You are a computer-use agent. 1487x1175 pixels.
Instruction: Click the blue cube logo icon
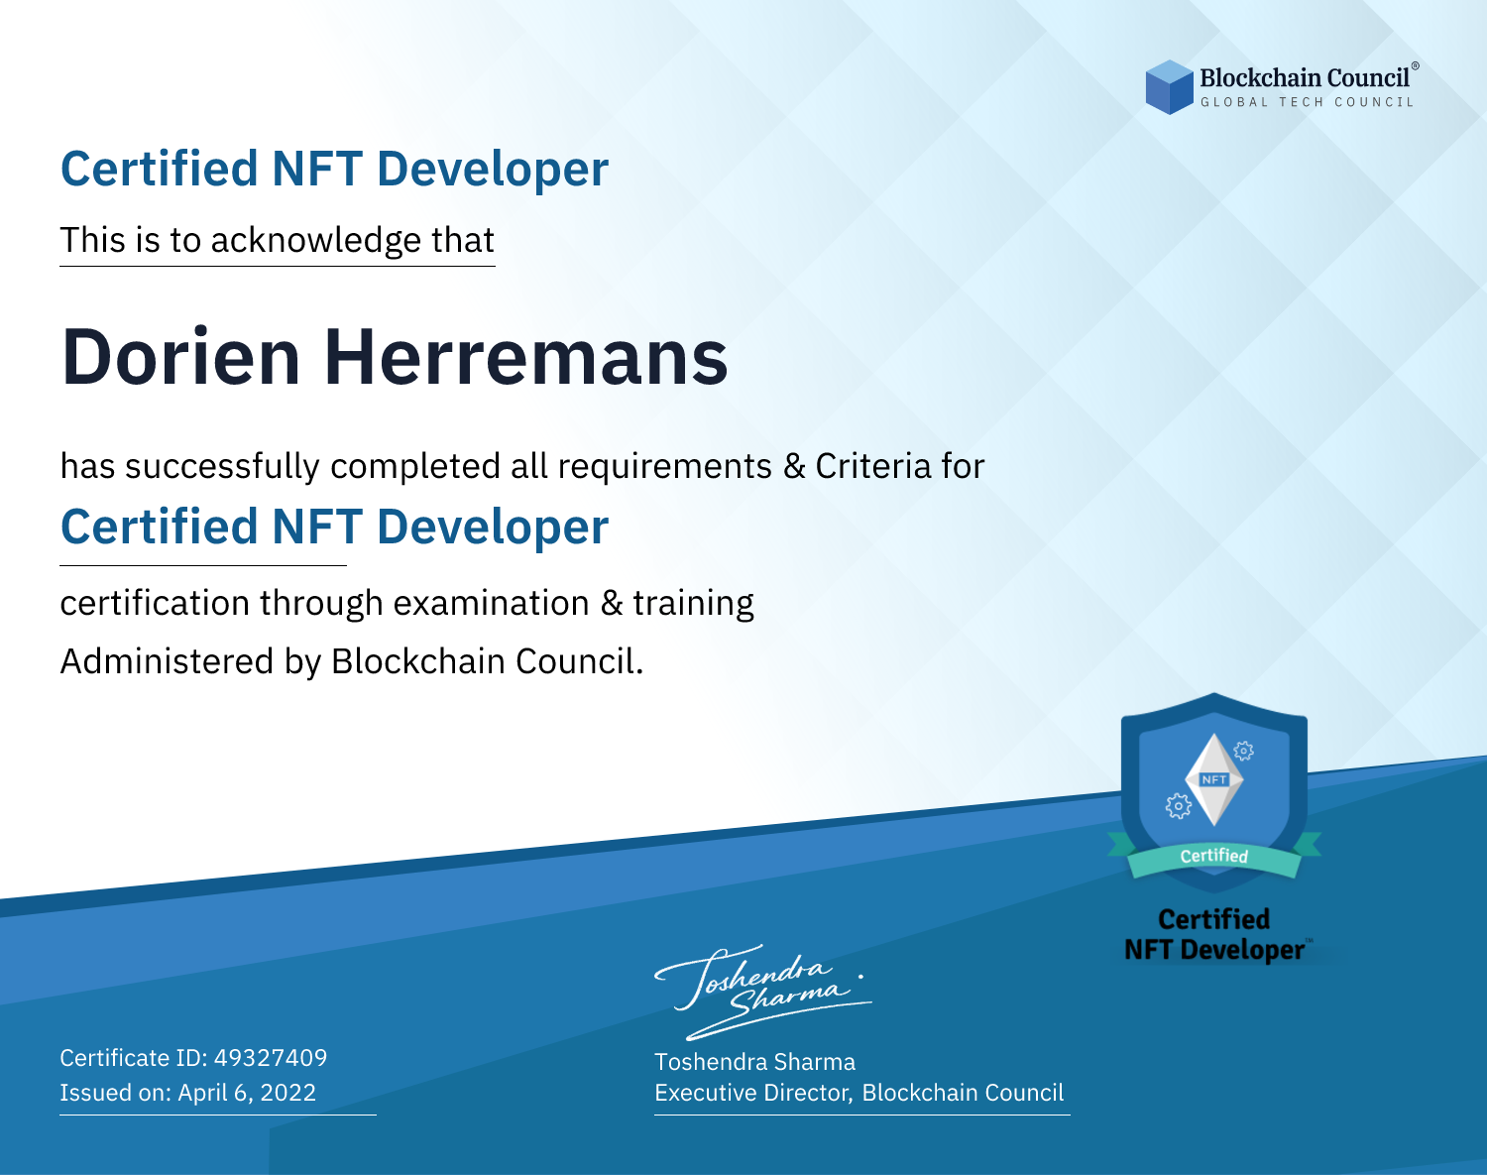[x=1169, y=87]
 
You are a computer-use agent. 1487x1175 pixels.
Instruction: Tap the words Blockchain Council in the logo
[x=1305, y=78]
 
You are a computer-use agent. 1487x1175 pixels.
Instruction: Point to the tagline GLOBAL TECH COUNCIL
[x=1308, y=102]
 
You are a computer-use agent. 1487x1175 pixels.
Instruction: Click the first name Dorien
[x=181, y=357]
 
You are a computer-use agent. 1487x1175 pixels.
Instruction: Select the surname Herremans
[x=526, y=357]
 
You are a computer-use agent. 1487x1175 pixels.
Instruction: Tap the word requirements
[x=665, y=467]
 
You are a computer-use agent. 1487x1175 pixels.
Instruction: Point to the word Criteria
[x=872, y=466]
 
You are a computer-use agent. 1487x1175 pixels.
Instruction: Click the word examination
[x=492, y=603]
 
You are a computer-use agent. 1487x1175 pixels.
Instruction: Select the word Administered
[x=168, y=661]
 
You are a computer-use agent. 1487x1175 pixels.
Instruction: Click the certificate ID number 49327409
[x=271, y=1058]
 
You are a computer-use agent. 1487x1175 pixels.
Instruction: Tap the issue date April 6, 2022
[x=247, y=1093]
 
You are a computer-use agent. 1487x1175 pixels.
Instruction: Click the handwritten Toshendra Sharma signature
[x=762, y=993]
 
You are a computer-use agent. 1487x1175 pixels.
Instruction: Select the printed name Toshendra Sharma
[x=754, y=1062]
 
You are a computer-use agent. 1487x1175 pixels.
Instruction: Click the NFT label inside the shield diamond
[x=1214, y=779]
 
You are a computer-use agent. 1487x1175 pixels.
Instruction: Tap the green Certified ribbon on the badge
[x=1214, y=857]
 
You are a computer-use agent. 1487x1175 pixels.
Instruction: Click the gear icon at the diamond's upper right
[x=1244, y=751]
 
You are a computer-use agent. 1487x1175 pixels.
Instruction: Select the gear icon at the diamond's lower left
[x=1178, y=806]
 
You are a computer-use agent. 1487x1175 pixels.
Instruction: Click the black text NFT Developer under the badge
[x=1214, y=950]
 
